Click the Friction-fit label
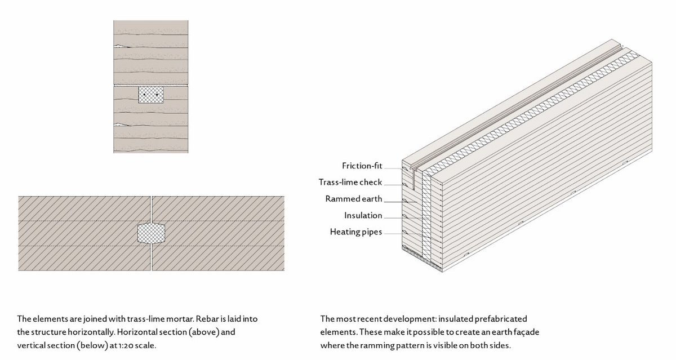(x=362, y=166)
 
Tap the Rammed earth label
(x=354, y=199)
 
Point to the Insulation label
(x=363, y=215)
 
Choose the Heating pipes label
(x=357, y=232)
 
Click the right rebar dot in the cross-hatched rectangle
(x=157, y=95)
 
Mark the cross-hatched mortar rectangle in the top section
(x=151, y=95)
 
